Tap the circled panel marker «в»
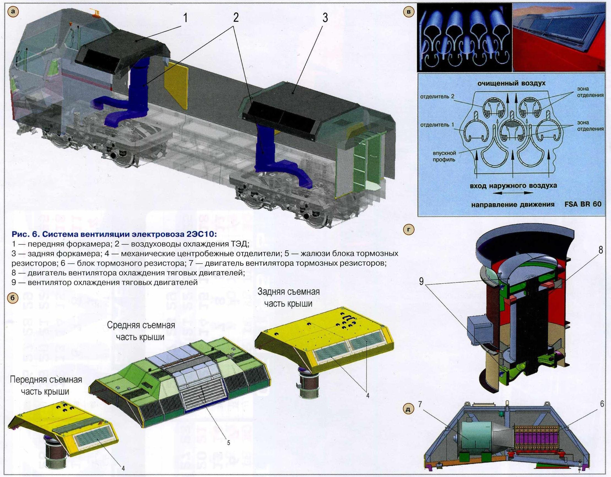409,12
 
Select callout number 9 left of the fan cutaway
421,281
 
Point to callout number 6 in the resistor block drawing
602,404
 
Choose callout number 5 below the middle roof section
228,443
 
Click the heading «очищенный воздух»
512,83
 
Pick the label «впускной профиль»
444,157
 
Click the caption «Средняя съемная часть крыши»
141,331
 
